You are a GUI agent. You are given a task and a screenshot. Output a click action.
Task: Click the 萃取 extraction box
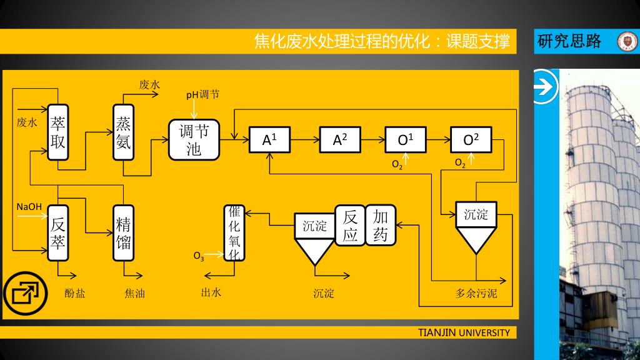(x=58, y=132)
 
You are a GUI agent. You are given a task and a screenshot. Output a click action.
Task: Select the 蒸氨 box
(x=123, y=132)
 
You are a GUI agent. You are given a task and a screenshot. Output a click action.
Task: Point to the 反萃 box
(x=58, y=232)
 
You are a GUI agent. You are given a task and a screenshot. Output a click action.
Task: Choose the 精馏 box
(x=123, y=232)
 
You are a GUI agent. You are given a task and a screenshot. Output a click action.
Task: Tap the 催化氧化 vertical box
(x=235, y=232)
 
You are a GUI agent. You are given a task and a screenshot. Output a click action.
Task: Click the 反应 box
(x=350, y=226)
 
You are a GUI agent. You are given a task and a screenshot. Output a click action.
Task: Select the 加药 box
(x=381, y=225)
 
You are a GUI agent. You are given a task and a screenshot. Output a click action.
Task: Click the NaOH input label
(x=29, y=206)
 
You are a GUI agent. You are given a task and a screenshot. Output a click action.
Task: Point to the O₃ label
(x=198, y=256)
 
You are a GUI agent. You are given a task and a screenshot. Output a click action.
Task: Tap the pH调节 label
(x=202, y=95)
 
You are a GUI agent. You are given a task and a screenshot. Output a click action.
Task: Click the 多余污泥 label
(x=476, y=294)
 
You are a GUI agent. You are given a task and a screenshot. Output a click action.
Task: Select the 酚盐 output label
(x=75, y=292)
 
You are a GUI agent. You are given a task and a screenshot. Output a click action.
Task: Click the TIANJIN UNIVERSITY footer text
(x=464, y=332)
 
